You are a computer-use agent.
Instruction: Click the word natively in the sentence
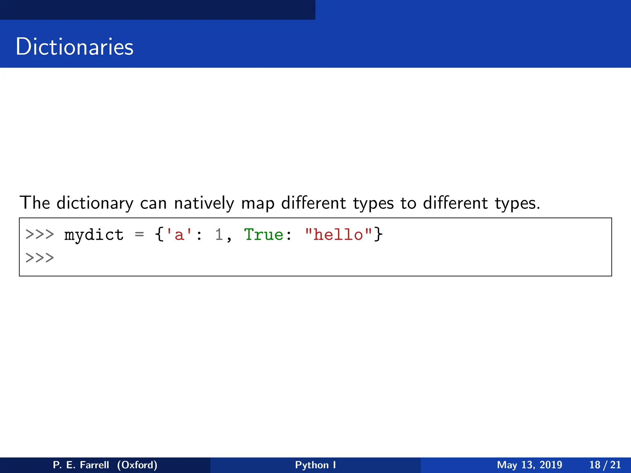coord(204,203)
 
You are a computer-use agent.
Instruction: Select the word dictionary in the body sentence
coord(95,203)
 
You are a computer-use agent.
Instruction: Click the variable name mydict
coord(94,235)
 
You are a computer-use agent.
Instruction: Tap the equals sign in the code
coord(139,235)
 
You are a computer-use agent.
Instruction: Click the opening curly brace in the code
coord(159,235)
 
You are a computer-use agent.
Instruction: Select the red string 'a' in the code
coord(179,235)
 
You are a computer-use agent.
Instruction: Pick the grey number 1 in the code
coord(219,235)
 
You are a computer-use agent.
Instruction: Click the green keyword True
coord(263,235)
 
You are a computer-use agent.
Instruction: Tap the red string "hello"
coord(338,235)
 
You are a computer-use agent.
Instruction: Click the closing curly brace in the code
coord(378,235)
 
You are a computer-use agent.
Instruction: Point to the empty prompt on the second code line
coord(39,257)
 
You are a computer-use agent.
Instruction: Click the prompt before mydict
coord(39,235)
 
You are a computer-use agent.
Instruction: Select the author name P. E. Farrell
coord(81,465)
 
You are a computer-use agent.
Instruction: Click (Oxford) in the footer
coord(137,465)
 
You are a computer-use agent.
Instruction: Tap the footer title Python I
coord(315,465)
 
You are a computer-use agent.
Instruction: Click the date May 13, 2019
coord(529,465)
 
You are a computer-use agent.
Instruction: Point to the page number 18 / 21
coord(605,465)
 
